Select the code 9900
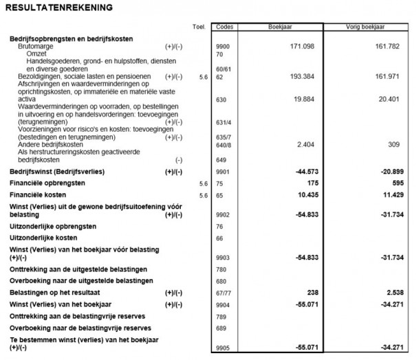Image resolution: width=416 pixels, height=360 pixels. [221, 46]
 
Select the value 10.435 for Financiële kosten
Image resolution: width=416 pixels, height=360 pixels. [303, 196]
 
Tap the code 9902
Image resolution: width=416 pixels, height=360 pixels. [221, 215]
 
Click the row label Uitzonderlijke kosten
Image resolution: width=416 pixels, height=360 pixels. [42, 237]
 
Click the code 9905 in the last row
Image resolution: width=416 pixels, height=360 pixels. [221, 349]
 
